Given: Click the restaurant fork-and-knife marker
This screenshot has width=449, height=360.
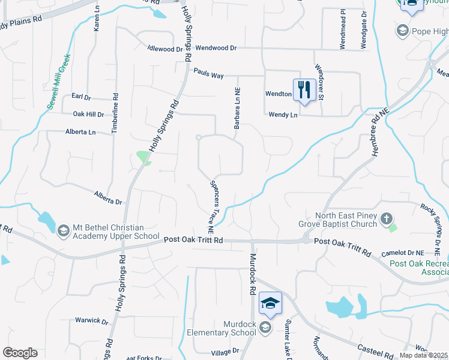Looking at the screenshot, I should tap(304, 90).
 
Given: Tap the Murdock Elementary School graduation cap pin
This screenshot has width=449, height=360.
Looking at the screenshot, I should tap(271, 304).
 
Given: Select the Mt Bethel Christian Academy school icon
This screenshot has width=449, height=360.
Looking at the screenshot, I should tap(63, 230).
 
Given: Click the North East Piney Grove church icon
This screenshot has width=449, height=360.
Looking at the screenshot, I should tap(387, 219).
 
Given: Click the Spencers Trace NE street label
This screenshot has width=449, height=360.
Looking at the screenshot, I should tap(211, 206).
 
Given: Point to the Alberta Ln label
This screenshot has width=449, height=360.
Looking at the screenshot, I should tap(80, 131).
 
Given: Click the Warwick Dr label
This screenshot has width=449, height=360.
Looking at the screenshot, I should tap(91, 320).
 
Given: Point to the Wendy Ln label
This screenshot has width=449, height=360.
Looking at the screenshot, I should tap(283, 114).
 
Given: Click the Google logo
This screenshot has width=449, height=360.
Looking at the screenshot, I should tap(20, 353).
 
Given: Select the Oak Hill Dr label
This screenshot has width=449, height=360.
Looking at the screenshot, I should tap(88, 113).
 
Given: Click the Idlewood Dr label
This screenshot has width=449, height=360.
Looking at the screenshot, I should tap(165, 49).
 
